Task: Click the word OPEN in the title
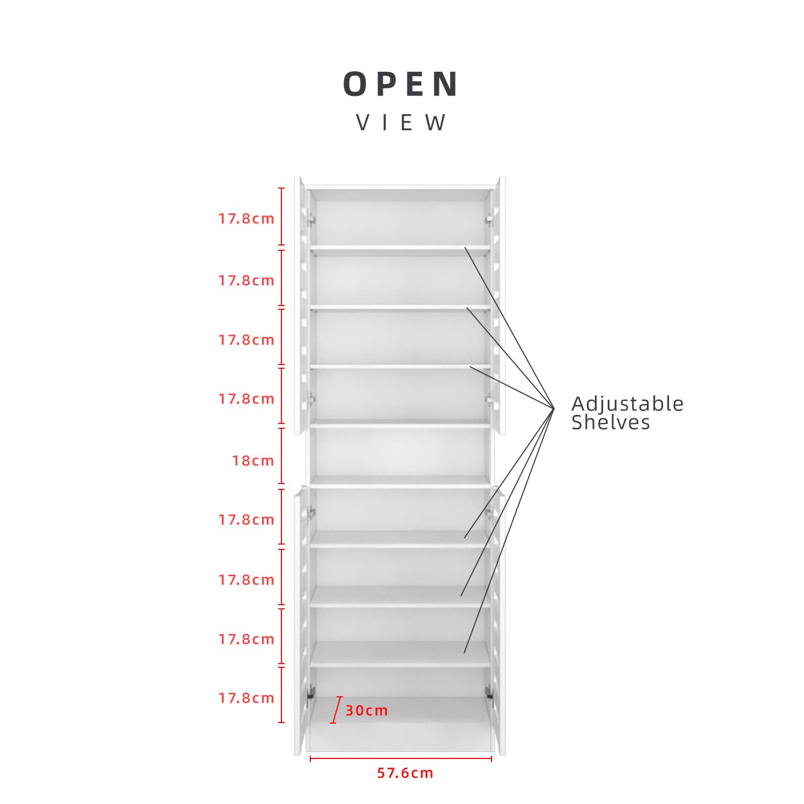401,84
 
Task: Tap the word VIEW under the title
401,123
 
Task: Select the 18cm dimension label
253,460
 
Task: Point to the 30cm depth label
367,711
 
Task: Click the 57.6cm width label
405,773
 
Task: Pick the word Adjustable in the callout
628,404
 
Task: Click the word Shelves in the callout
611,422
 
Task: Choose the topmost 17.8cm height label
246,219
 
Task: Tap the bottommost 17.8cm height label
246,698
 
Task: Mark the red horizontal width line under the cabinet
401,758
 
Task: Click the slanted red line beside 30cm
336,710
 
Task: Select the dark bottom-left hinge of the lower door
310,693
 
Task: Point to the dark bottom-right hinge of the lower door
489,693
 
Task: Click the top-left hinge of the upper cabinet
310,219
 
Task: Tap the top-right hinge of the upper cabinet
489,219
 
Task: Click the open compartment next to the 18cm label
400,451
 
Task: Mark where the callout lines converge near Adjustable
554,408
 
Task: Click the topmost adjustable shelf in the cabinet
400,248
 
